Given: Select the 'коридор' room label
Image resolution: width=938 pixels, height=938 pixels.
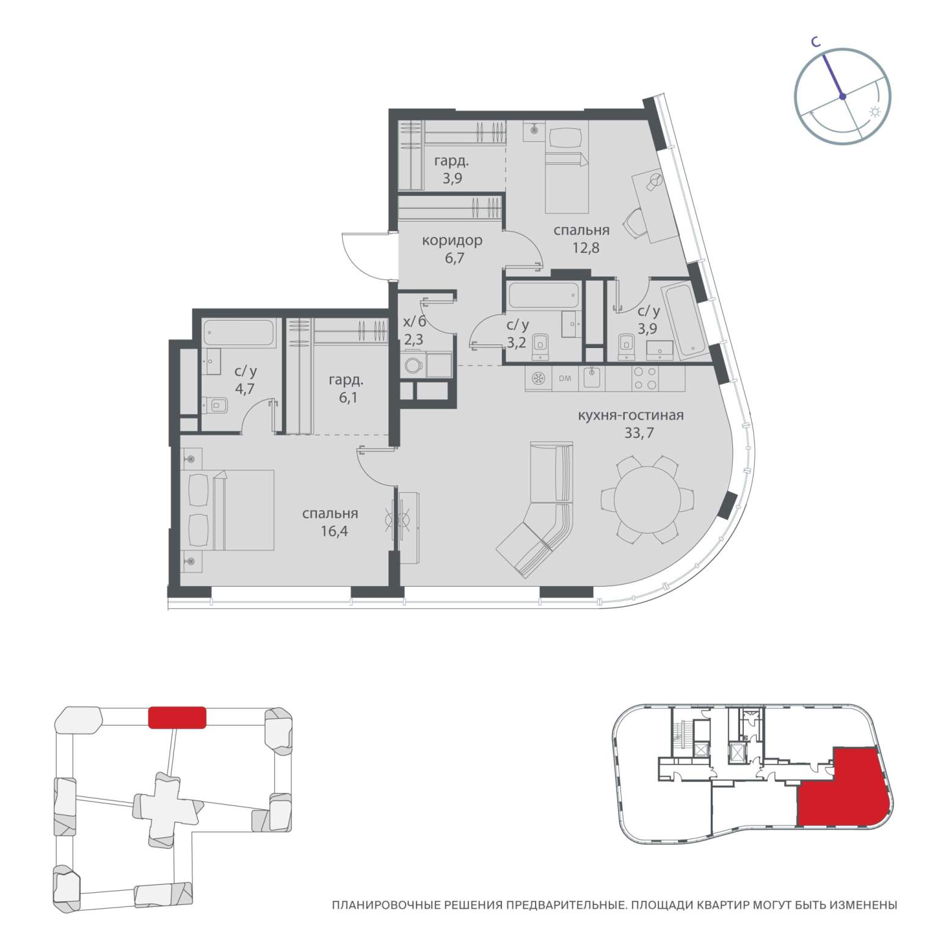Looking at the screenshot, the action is (452, 241).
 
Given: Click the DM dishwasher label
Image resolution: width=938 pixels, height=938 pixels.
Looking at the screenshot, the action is (565, 379).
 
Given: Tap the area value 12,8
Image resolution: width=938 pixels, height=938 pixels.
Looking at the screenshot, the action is (581, 247).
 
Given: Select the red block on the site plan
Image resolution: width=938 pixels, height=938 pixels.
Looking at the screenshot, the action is (177, 717).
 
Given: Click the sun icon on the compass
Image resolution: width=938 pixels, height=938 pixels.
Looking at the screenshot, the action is (875, 112).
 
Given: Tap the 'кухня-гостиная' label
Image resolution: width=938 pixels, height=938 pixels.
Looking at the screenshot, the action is (630, 416).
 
